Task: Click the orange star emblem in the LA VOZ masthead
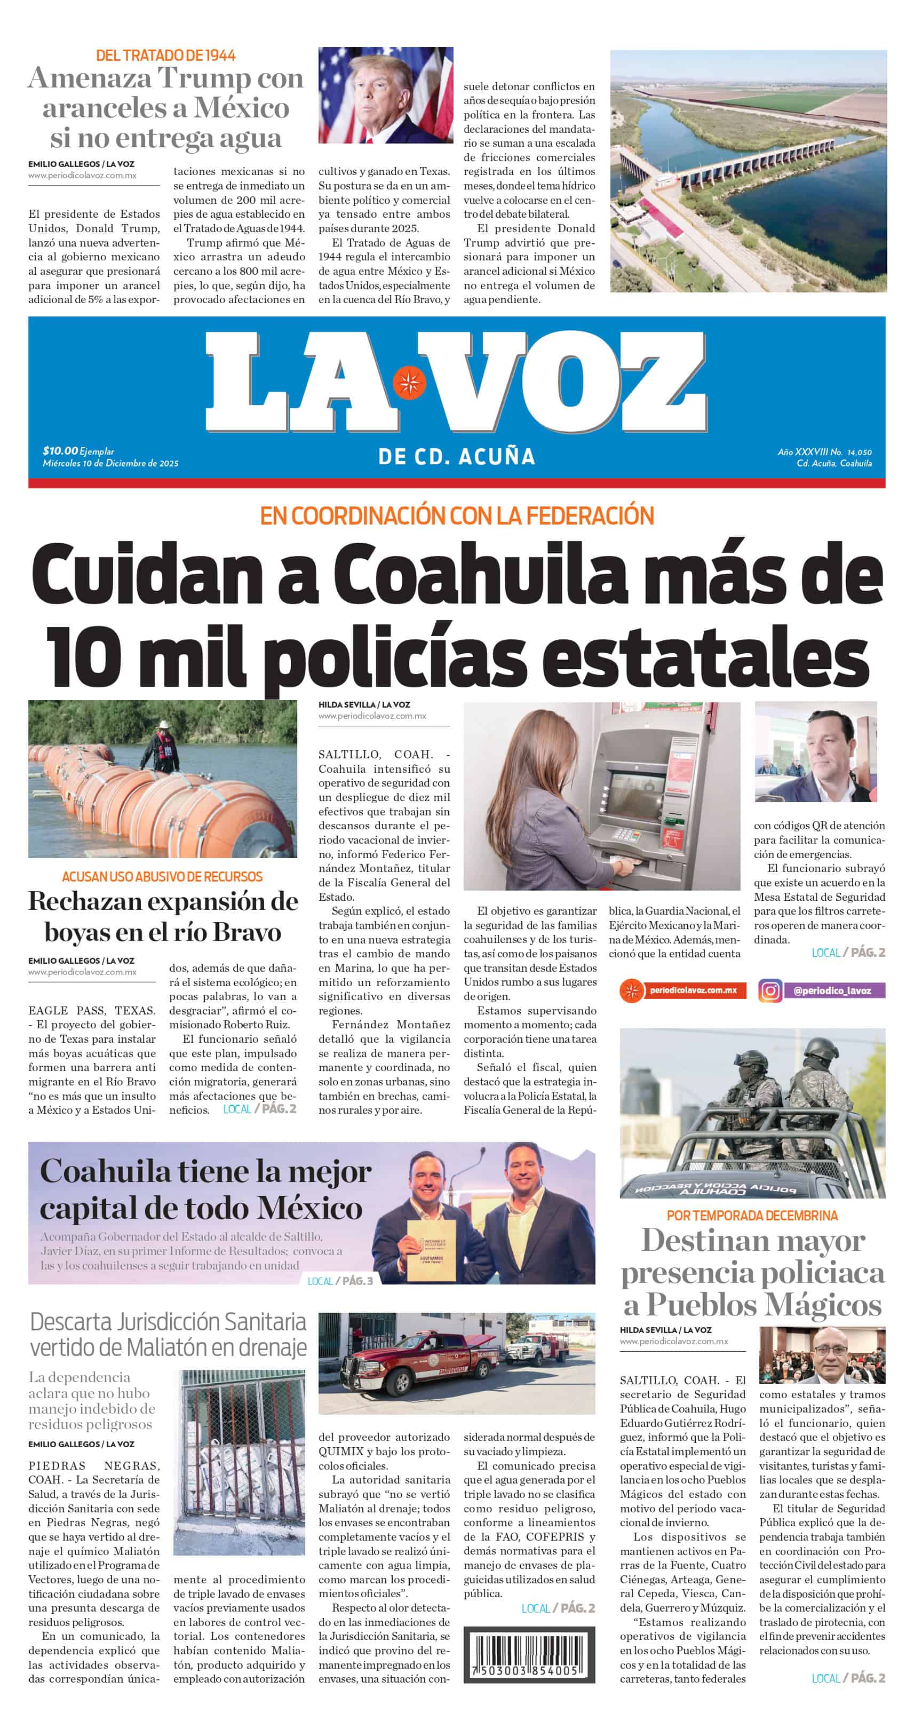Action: (409, 382)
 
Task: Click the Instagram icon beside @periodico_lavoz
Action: (770, 990)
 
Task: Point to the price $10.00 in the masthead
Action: (60, 451)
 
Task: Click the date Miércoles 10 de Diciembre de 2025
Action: (110, 463)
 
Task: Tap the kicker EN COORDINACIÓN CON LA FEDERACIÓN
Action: (456, 515)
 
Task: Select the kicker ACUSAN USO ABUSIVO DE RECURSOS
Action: (162, 877)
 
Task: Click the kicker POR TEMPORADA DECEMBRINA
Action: (752, 1215)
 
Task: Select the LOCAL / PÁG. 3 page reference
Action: (340, 1281)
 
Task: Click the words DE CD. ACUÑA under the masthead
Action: (456, 457)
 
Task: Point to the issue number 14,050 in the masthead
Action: (859, 453)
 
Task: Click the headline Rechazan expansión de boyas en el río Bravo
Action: (162, 917)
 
